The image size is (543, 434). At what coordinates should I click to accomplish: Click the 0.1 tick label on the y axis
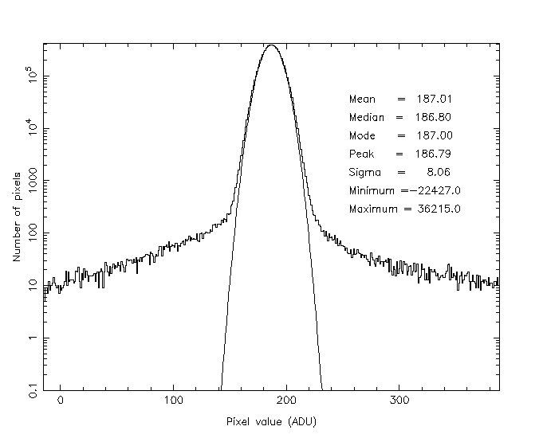pos(30,390)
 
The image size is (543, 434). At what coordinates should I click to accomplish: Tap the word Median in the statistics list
pos(366,118)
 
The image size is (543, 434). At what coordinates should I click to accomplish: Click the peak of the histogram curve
pos(272,45)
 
